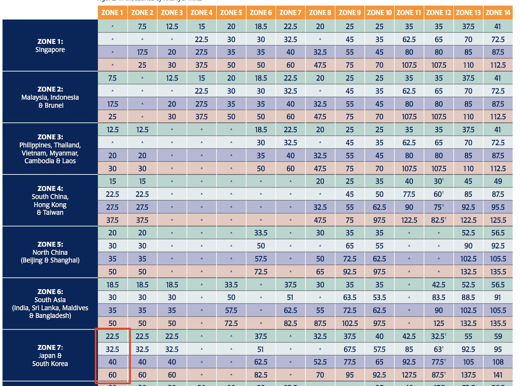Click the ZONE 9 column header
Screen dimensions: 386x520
(x=349, y=13)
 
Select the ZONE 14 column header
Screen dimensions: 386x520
(x=498, y=13)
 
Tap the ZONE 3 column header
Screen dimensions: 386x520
(x=172, y=13)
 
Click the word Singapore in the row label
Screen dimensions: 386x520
(x=50, y=49)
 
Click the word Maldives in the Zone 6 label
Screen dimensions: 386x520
(x=73, y=308)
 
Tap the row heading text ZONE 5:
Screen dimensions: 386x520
(x=50, y=244)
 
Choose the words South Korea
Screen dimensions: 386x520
(x=50, y=364)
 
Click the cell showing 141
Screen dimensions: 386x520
(x=498, y=375)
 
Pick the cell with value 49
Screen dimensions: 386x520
(x=498, y=181)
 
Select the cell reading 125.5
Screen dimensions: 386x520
(x=498, y=220)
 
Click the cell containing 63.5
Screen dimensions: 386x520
(x=349, y=298)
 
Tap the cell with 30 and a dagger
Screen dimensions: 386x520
(x=439, y=181)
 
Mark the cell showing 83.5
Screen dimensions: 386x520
(x=439, y=298)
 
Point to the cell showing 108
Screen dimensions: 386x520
(x=498, y=362)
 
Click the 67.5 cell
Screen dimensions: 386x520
(x=349, y=349)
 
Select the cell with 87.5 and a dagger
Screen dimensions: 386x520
(x=439, y=375)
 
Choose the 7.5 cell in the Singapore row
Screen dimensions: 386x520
(x=142, y=26)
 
